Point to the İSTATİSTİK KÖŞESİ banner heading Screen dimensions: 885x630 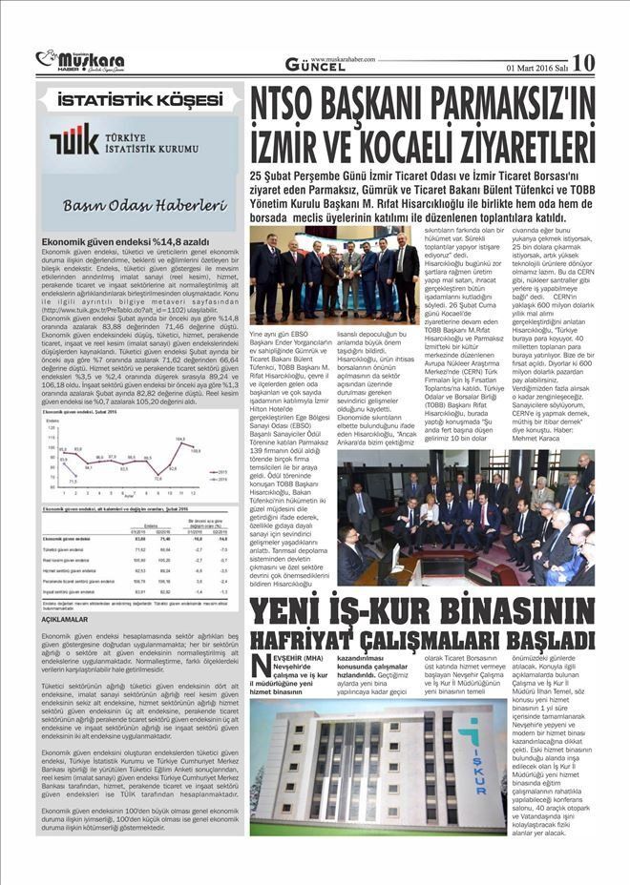pyautogui.click(x=138, y=99)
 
